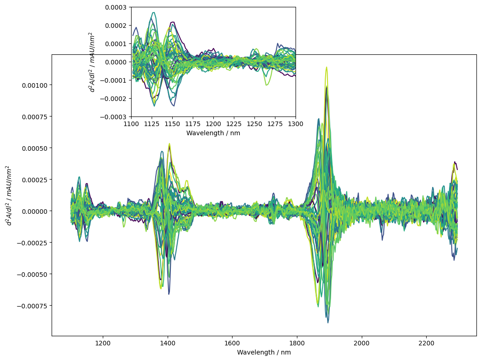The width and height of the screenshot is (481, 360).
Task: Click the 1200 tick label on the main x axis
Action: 103,343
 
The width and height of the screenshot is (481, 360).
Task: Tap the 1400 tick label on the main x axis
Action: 168,343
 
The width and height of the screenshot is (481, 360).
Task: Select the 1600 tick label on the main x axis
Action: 232,343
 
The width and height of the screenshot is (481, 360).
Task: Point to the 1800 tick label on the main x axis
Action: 297,343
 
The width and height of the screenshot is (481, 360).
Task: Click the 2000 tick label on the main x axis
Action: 362,343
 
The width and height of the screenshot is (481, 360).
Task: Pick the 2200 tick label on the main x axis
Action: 426,343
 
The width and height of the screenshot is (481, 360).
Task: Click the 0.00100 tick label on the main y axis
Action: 35,85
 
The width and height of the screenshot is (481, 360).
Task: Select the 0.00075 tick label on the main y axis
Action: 35,116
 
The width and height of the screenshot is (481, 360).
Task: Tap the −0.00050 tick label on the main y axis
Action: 32,275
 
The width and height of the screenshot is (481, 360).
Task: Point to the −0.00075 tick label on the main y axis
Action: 32,306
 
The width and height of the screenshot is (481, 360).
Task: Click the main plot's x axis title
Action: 264,352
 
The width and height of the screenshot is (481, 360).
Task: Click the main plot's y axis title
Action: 9,196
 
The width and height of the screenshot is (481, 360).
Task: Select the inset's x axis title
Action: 213,133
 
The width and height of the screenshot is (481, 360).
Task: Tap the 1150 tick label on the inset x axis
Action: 172,124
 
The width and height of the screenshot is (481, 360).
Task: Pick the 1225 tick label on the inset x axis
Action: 234,124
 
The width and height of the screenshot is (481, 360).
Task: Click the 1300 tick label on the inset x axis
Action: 296,124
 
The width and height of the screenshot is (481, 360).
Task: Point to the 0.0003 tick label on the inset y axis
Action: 116,7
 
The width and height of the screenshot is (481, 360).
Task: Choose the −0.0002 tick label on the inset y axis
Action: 113,99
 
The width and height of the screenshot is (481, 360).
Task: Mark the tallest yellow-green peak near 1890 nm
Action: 327,67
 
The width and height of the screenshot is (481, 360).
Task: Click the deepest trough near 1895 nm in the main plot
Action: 328,323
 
